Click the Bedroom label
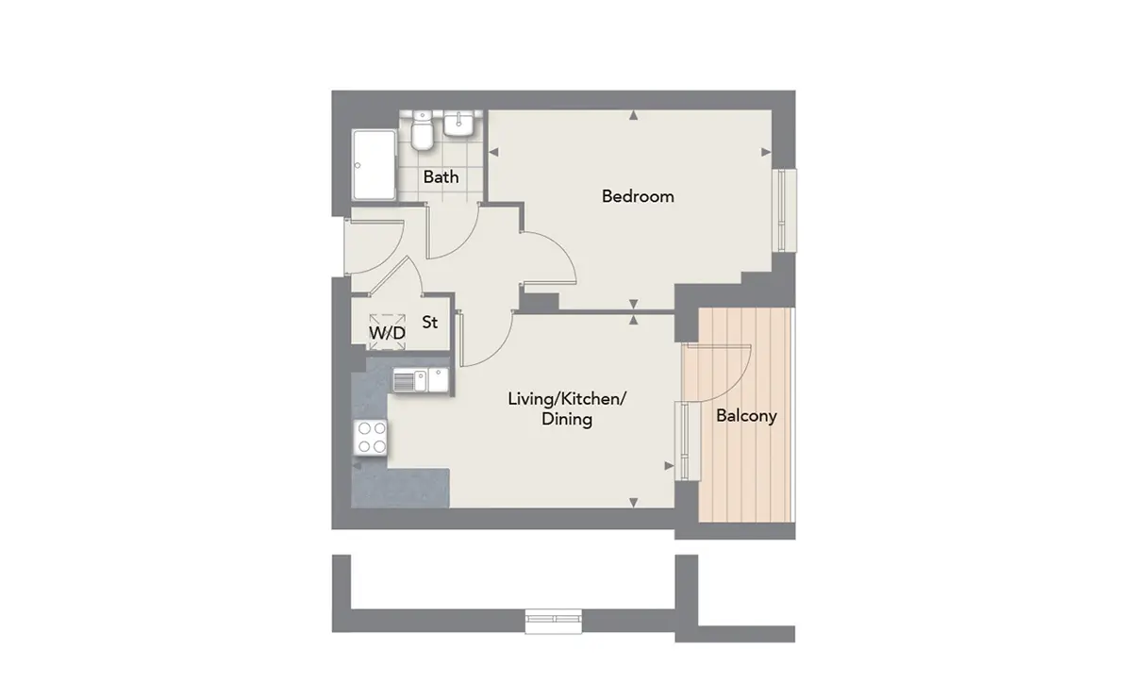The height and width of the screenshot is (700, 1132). click(638, 196)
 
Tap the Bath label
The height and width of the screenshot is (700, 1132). click(441, 177)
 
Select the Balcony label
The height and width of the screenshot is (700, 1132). click(746, 416)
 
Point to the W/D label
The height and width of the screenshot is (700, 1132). click(387, 333)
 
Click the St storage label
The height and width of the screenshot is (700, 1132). click(429, 322)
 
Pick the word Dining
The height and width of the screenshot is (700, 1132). click(567, 419)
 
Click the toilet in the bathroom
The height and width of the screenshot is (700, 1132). click(421, 130)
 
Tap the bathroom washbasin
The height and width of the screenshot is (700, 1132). click(458, 124)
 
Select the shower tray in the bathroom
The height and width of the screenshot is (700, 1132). click(375, 165)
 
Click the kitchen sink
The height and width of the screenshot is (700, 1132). click(421, 380)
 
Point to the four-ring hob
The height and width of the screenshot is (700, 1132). click(371, 438)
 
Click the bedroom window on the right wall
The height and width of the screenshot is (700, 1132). click(784, 210)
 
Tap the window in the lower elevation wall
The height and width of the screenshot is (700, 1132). click(554, 621)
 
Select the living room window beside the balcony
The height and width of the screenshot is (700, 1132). click(687, 441)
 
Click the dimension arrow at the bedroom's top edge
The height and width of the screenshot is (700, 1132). click(633, 116)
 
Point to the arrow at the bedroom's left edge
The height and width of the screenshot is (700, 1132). click(493, 152)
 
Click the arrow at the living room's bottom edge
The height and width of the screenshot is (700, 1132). click(633, 503)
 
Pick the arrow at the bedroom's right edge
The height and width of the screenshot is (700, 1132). click(766, 152)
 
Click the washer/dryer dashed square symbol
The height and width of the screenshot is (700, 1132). click(388, 331)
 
